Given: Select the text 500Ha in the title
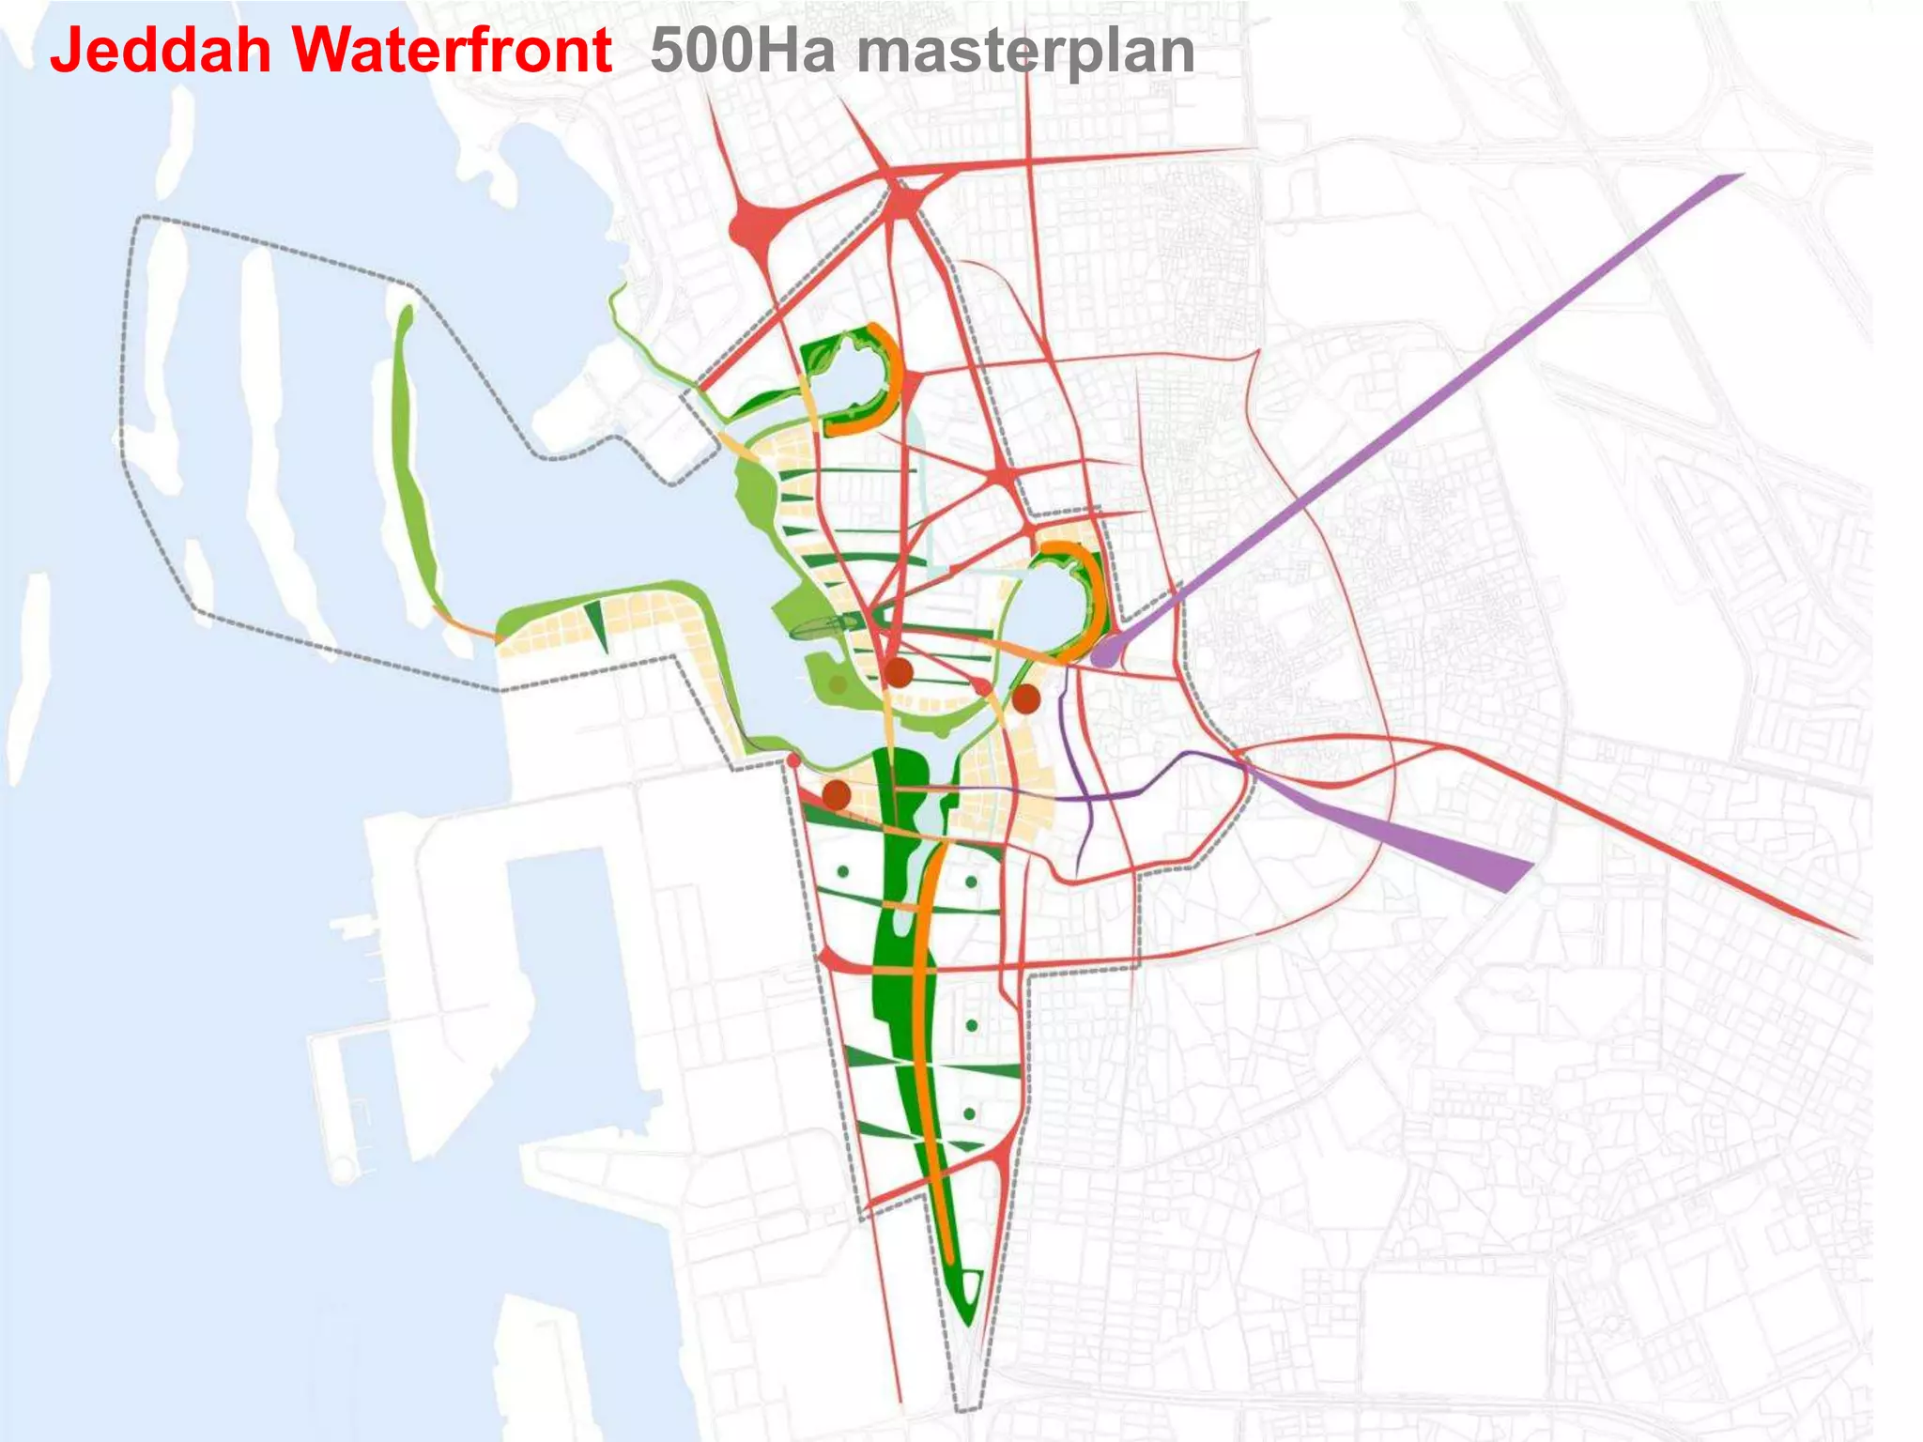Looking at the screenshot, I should tap(742, 51).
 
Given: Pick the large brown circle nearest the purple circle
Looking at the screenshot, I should tap(1026, 698).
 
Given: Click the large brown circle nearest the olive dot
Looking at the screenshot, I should tap(899, 672).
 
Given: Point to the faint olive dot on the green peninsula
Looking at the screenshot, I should tap(838, 684).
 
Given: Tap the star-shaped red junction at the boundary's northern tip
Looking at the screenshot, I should tap(904, 199).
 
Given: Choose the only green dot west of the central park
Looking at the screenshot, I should tap(843, 872).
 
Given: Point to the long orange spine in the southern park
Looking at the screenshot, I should tap(930, 1033).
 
